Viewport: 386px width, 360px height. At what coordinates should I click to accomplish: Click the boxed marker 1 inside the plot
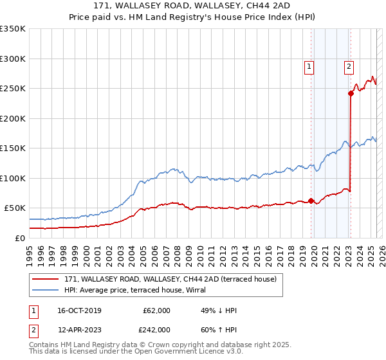[309, 66]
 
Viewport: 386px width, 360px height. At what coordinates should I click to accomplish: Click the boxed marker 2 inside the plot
[349, 66]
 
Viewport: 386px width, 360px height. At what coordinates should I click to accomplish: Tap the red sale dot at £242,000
[351, 93]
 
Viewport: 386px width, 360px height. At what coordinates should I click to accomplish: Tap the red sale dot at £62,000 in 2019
[311, 201]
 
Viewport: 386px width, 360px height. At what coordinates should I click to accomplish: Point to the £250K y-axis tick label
[12, 89]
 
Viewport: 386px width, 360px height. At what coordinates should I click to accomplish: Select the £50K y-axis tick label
[14, 208]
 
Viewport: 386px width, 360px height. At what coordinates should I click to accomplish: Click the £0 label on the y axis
[20, 238]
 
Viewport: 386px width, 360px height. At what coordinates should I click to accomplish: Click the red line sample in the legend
[46, 279]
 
